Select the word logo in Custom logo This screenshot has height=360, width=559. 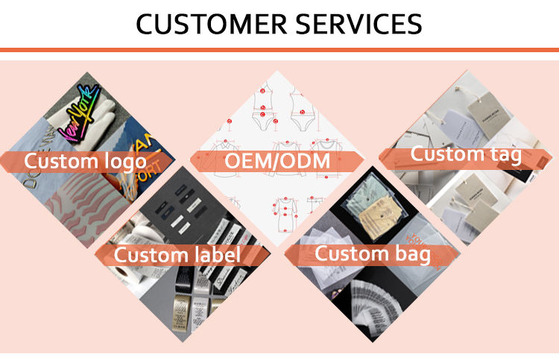click(x=119, y=162)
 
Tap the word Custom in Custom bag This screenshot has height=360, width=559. click(x=345, y=253)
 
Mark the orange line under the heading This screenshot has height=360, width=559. click(x=279, y=50)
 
